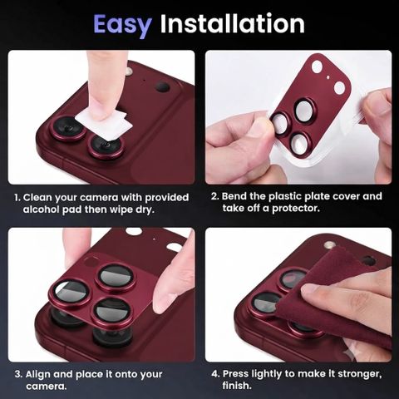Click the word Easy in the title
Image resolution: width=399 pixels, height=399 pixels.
click(122, 25)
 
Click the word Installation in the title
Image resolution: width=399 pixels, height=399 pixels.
click(233, 23)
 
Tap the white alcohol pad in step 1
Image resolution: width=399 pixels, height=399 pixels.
click(104, 123)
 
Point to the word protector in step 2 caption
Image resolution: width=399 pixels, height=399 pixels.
click(296, 208)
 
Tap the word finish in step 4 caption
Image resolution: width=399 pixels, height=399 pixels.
click(237, 386)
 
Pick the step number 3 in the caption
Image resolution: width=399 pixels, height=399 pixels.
click(18, 374)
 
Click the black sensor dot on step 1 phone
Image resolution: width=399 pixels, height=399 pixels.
click(162, 87)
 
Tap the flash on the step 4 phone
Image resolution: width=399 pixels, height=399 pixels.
click(330, 245)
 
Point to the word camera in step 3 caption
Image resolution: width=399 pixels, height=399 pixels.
click(46, 387)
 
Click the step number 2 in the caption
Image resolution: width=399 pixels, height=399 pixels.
click(214, 196)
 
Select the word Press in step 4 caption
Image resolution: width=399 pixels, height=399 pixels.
click(236, 374)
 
